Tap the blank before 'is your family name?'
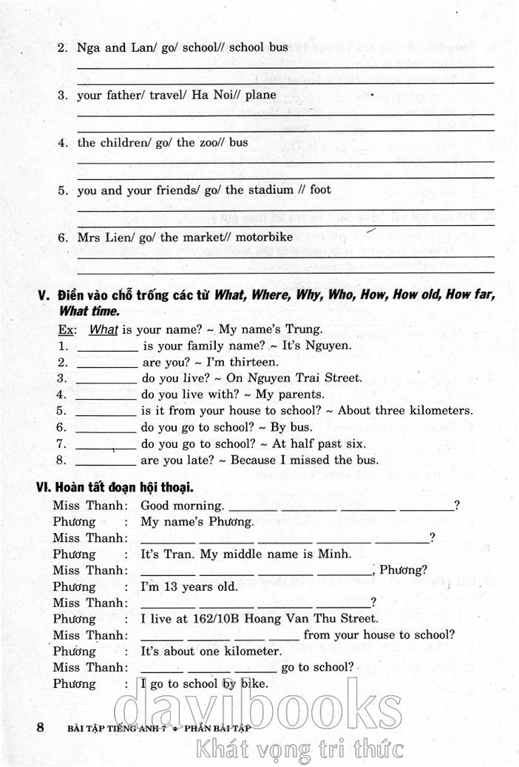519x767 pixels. pos(107,346)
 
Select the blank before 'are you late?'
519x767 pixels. pos(106,460)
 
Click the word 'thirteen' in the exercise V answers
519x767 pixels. pos(253,362)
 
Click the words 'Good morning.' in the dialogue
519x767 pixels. pos(182,506)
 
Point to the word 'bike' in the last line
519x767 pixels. pos(253,683)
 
